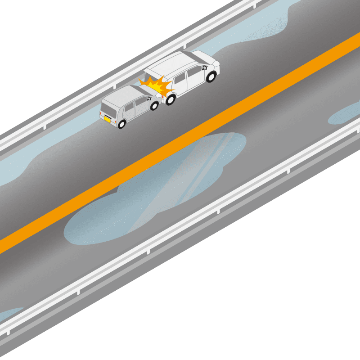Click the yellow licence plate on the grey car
(108, 119)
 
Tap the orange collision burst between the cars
(155, 85)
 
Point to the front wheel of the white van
(211, 77)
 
